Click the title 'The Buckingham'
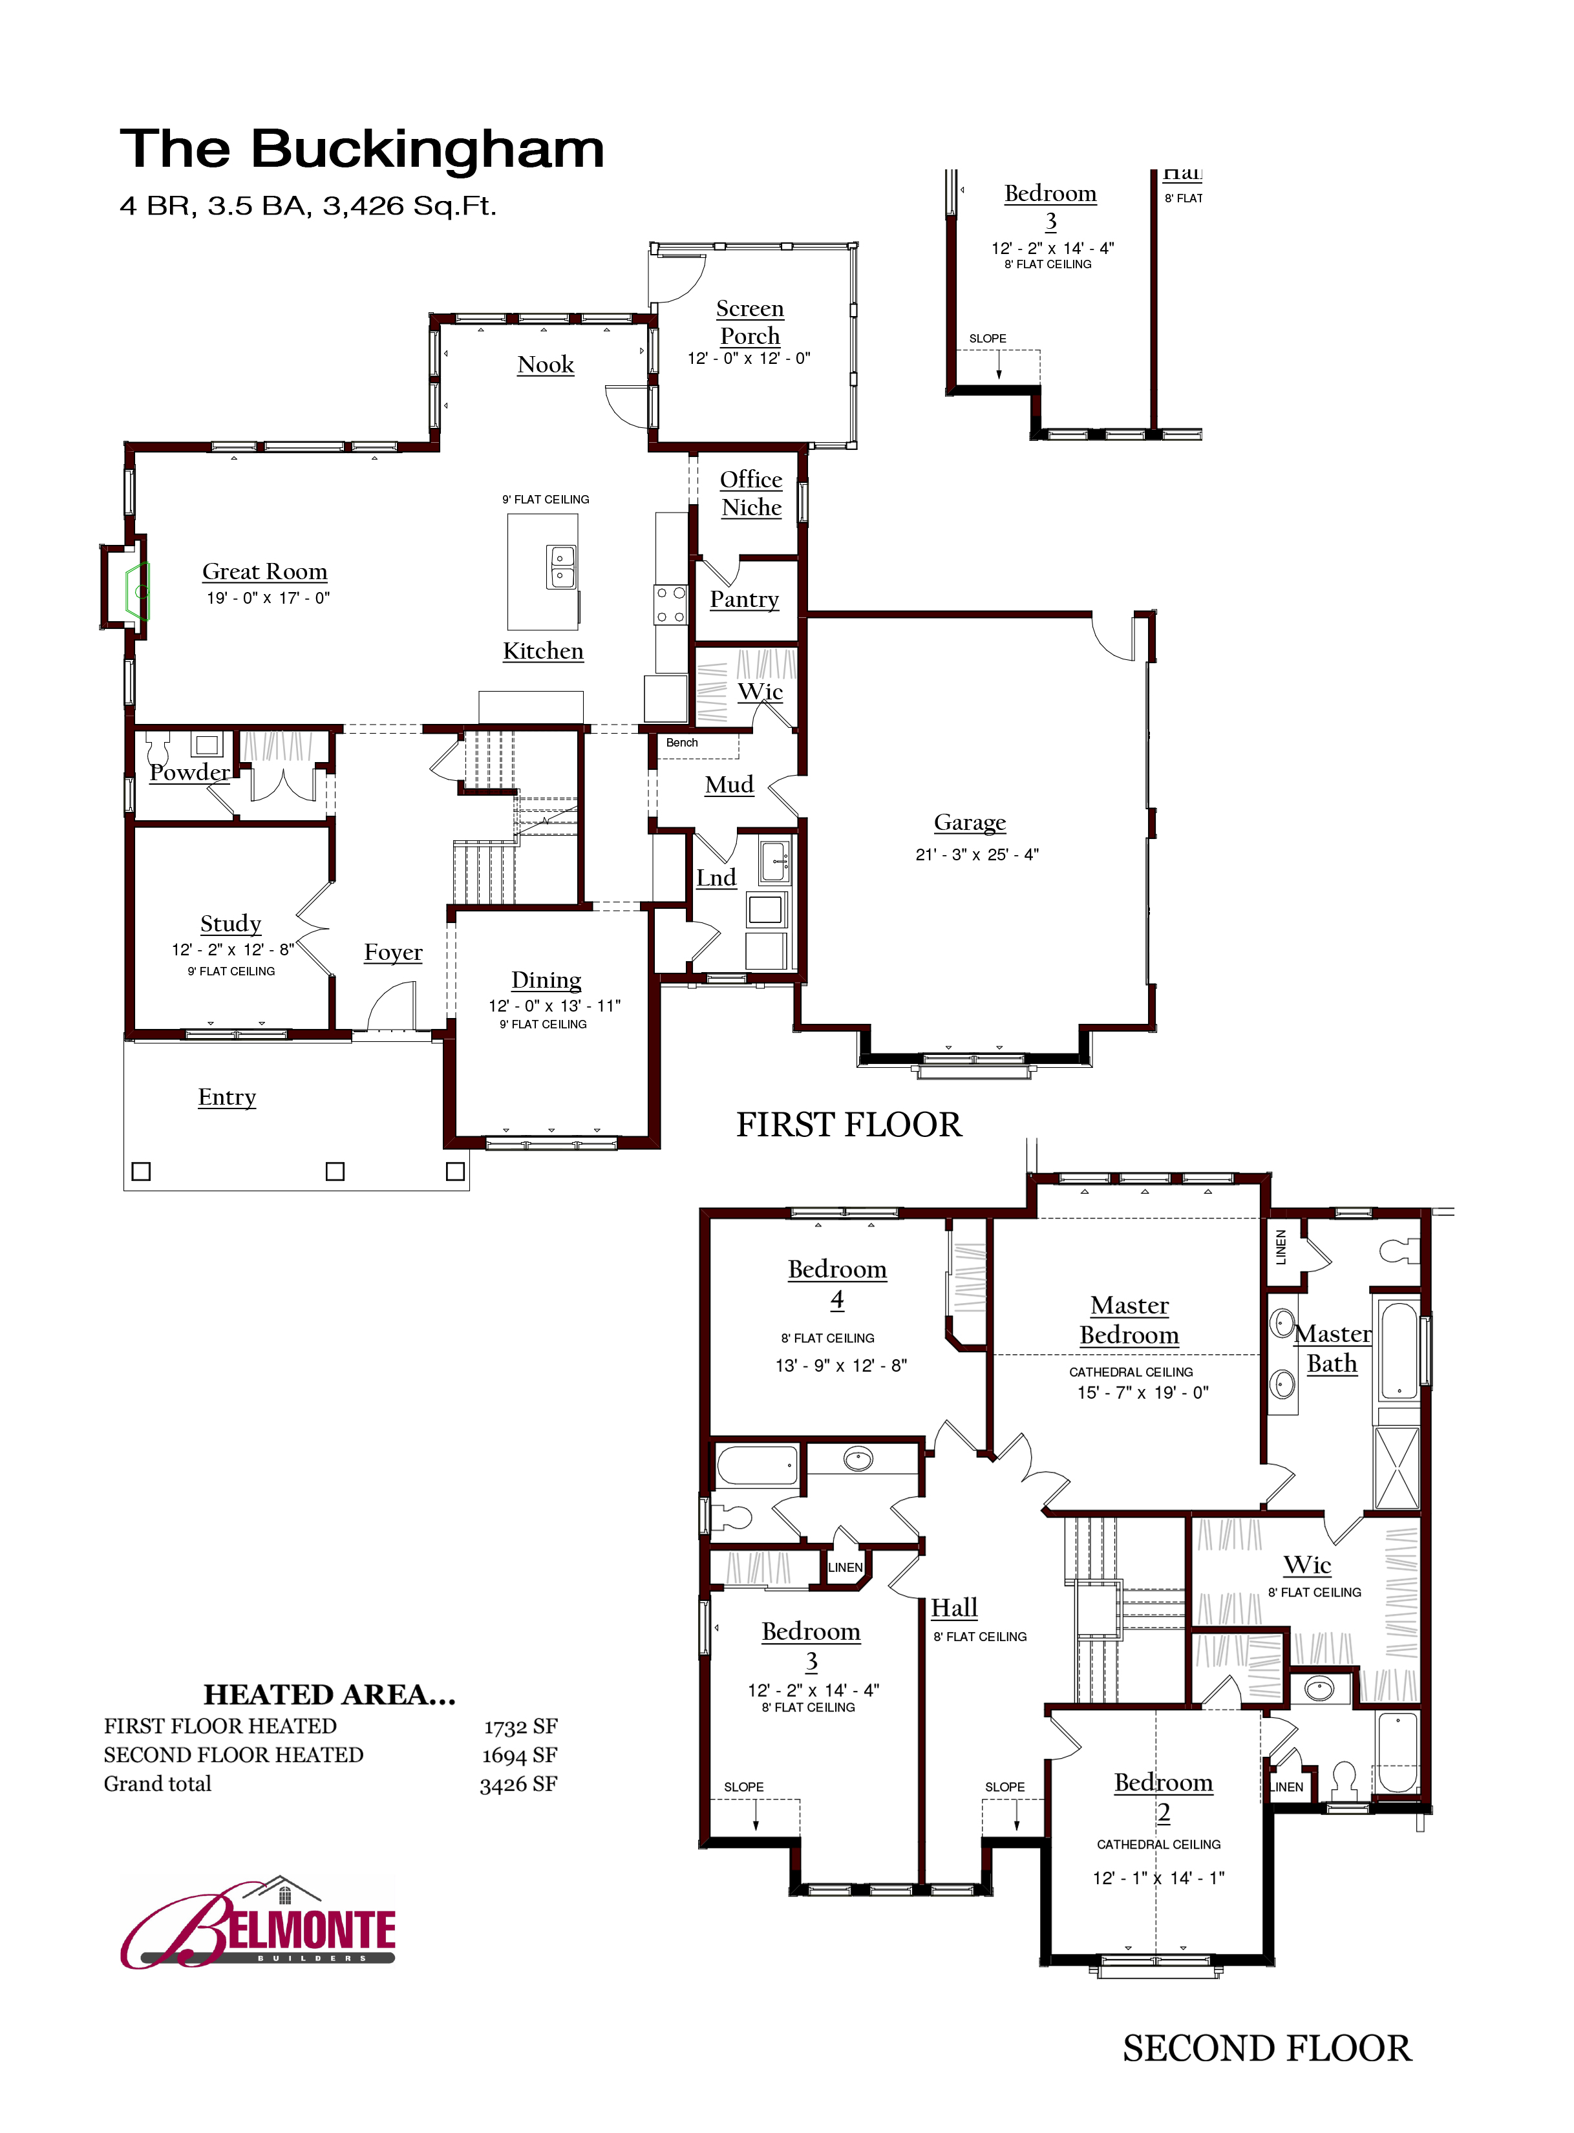(362, 149)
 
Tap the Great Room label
(265, 571)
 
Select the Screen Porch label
(750, 322)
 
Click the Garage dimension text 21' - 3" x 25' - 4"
(977, 854)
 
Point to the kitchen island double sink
(561, 567)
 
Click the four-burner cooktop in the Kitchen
(670, 605)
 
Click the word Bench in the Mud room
(682, 742)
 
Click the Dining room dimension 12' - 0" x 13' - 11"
(555, 1005)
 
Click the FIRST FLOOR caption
(849, 1125)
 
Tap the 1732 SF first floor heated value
(520, 1727)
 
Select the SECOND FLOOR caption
(1266, 2049)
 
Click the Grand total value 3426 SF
(518, 1785)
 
